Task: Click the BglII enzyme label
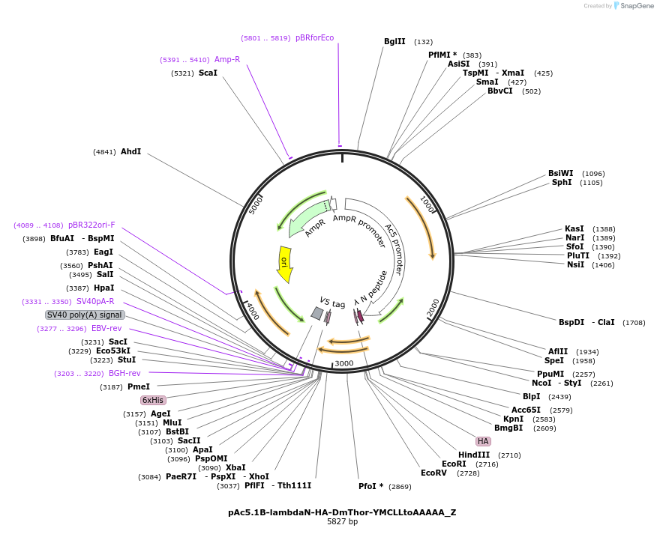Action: click(x=394, y=42)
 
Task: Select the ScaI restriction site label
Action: click(x=208, y=73)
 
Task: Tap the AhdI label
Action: click(x=130, y=151)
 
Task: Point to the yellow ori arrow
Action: click(x=284, y=264)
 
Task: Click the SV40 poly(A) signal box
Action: click(x=85, y=315)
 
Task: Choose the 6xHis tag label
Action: click(x=153, y=400)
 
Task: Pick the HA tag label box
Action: click(x=483, y=441)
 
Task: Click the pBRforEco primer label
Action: click(x=314, y=37)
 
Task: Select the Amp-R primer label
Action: click(x=227, y=59)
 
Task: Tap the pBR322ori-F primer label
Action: click(x=91, y=225)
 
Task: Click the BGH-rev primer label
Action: click(x=124, y=373)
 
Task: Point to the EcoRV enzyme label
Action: click(x=433, y=473)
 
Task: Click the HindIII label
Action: click(x=474, y=455)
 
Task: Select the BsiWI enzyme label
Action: click(x=560, y=173)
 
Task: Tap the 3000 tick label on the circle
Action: click(x=343, y=363)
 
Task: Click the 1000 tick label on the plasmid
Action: click(x=427, y=204)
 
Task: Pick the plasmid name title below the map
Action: click(x=342, y=512)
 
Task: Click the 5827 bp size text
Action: click(x=342, y=522)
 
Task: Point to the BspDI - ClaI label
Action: click(x=586, y=322)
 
